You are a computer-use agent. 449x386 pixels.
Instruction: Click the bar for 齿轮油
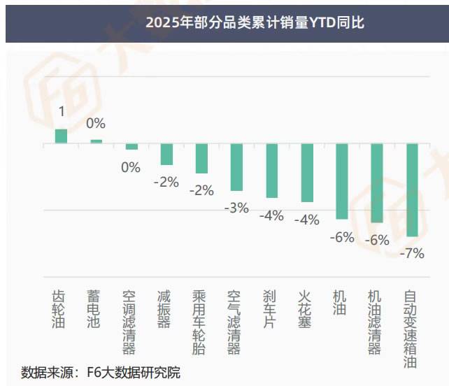click(62, 136)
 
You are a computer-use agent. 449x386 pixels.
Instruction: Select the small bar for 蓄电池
click(97, 141)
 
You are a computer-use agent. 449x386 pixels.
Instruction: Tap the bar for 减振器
click(166, 154)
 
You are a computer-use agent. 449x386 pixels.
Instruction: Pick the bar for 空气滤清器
click(236, 167)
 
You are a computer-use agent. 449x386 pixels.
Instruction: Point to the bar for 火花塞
click(306, 173)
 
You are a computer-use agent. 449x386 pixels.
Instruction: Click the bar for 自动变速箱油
click(411, 190)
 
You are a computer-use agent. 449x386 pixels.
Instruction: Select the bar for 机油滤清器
click(376, 183)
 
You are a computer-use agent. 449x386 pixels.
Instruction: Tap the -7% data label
click(411, 253)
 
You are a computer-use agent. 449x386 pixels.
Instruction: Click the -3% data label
click(236, 208)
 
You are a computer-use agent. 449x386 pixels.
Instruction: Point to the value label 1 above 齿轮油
click(62, 112)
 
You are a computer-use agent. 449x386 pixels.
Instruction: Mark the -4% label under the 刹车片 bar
click(271, 215)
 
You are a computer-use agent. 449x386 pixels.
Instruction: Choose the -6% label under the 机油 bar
click(341, 237)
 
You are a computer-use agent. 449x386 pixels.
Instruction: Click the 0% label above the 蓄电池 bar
click(96, 124)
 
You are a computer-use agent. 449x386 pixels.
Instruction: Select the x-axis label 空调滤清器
click(130, 322)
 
